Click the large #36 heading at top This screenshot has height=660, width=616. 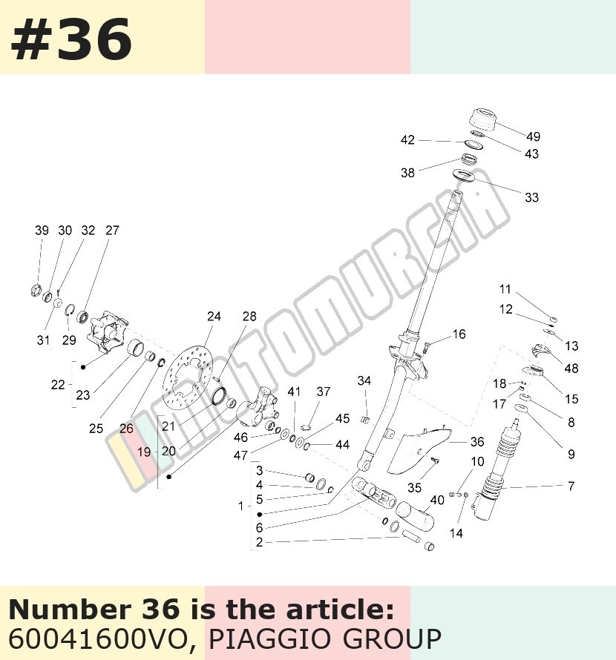point(71,39)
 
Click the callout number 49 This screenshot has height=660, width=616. point(533,136)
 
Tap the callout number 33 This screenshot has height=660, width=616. point(531,197)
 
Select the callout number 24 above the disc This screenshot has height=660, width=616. point(214,316)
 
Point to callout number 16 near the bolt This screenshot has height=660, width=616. point(459,334)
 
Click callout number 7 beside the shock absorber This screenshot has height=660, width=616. point(571,486)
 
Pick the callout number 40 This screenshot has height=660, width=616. point(437,500)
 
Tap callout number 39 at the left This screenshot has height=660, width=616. point(42,230)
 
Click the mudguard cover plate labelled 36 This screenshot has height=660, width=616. point(419,450)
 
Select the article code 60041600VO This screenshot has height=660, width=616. point(98,638)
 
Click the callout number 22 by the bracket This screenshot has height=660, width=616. point(58,384)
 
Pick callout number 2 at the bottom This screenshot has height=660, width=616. point(259,542)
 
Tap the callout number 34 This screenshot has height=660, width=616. point(364,380)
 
